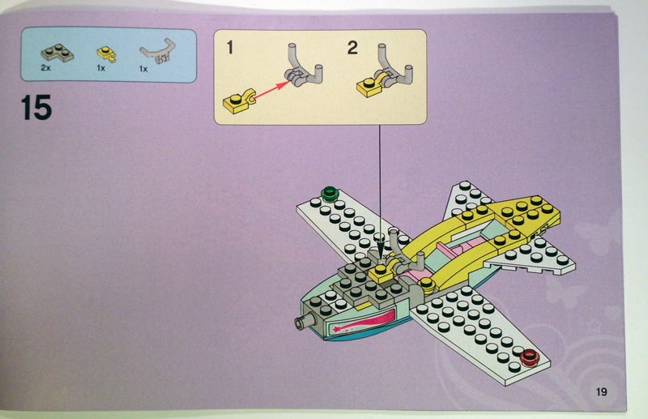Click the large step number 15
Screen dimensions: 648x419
coord(36,107)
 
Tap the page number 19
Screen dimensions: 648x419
coord(601,391)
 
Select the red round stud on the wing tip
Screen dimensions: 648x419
coord(529,357)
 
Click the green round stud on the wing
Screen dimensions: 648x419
coord(330,193)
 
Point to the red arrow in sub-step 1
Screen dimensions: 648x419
coord(272,90)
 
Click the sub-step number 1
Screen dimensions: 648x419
coord(230,48)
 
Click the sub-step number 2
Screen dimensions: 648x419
coord(352,48)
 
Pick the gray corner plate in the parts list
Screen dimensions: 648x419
coord(57,53)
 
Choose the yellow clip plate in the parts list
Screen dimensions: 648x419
coord(106,53)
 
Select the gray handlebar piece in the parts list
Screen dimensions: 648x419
coord(158,51)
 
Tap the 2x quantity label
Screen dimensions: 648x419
coord(45,68)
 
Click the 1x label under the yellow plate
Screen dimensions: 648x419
coord(101,68)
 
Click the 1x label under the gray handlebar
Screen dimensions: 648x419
coord(143,69)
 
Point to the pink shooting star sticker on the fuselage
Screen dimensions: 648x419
coord(360,323)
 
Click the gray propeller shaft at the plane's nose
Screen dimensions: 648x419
coord(305,322)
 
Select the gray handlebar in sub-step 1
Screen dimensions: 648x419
coord(302,68)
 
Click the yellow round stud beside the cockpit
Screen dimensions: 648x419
coord(426,284)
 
